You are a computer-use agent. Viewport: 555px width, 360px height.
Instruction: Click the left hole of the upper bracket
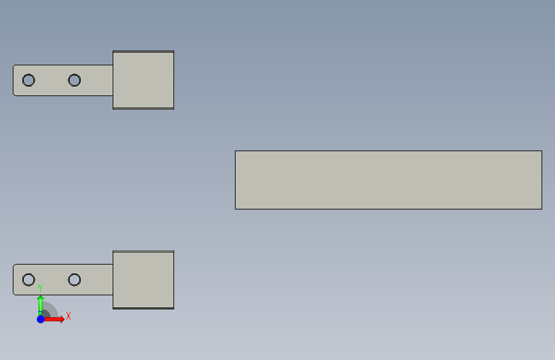[x=28, y=80]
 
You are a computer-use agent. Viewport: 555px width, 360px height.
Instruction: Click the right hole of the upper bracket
[x=74, y=80]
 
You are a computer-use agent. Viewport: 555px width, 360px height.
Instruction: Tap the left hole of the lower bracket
[x=28, y=280]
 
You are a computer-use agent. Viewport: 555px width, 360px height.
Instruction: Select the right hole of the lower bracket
[x=74, y=280]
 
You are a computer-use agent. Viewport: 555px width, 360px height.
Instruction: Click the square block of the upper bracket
[x=143, y=80]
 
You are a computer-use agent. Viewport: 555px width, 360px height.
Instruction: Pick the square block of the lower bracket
[x=143, y=280]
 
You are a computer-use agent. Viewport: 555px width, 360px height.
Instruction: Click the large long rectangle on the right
[x=388, y=180]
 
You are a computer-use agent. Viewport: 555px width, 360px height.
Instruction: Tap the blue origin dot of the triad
[x=40, y=318]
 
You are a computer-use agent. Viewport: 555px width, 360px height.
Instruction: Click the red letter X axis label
[x=68, y=316]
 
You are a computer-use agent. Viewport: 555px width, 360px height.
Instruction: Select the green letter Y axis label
[x=40, y=288]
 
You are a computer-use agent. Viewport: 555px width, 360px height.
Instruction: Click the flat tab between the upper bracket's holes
[x=51, y=80]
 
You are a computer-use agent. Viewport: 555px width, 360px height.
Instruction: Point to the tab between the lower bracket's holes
[x=51, y=280]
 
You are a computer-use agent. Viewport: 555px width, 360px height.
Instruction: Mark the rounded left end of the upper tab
[x=15, y=80]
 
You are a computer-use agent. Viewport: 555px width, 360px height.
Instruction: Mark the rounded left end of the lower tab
[x=15, y=280]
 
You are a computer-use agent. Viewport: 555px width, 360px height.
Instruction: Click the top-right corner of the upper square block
[x=173, y=52]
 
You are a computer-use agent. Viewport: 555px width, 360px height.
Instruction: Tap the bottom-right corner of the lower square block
[x=173, y=308]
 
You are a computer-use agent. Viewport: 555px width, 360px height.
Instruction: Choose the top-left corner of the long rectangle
[x=236, y=152]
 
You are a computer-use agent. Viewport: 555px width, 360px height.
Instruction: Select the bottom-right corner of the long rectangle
[x=541, y=208]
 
